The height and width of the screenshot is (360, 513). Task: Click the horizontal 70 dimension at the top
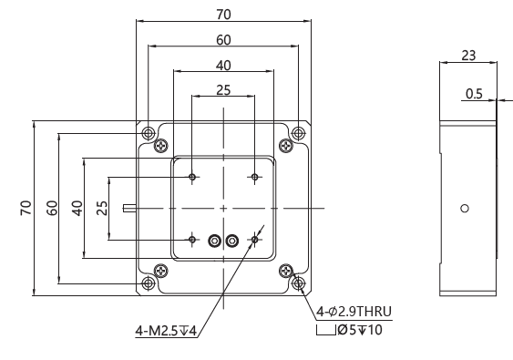(x=223, y=15)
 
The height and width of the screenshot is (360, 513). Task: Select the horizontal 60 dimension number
(x=223, y=40)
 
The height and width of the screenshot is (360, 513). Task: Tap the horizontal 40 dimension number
(x=223, y=66)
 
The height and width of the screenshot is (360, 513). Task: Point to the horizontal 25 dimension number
(x=223, y=90)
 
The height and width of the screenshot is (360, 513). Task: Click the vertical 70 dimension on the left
(x=26, y=208)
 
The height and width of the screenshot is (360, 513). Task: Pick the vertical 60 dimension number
(x=52, y=208)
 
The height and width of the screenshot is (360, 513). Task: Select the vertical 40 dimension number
(x=77, y=208)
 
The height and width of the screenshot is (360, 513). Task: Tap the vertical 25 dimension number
(x=102, y=208)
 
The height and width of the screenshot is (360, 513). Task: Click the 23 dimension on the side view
(x=468, y=56)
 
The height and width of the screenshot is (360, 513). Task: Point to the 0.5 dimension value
(x=474, y=94)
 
